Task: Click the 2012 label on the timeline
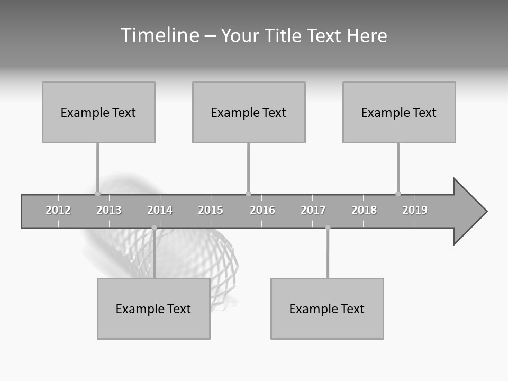[x=58, y=210]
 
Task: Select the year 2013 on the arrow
[x=109, y=210]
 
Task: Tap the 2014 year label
[x=160, y=210]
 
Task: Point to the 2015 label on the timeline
[x=211, y=210]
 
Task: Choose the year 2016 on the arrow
[x=262, y=210]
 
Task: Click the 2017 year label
[x=313, y=210]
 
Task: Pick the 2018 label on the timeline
[x=364, y=210]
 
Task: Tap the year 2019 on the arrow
[x=415, y=210]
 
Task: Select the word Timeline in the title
[x=160, y=35]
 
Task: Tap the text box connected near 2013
[x=98, y=112]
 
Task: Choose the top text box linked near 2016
[x=249, y=112]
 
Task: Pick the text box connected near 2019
[x=399, y=112]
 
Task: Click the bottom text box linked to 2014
[x=153, y=309]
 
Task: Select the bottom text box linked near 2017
[x=327, y=309]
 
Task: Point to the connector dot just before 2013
[x=97, y=194]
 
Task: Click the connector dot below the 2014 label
[x=154, y=228]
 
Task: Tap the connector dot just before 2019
[x=398, y=194]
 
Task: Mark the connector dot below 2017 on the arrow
[x=328, y=228]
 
